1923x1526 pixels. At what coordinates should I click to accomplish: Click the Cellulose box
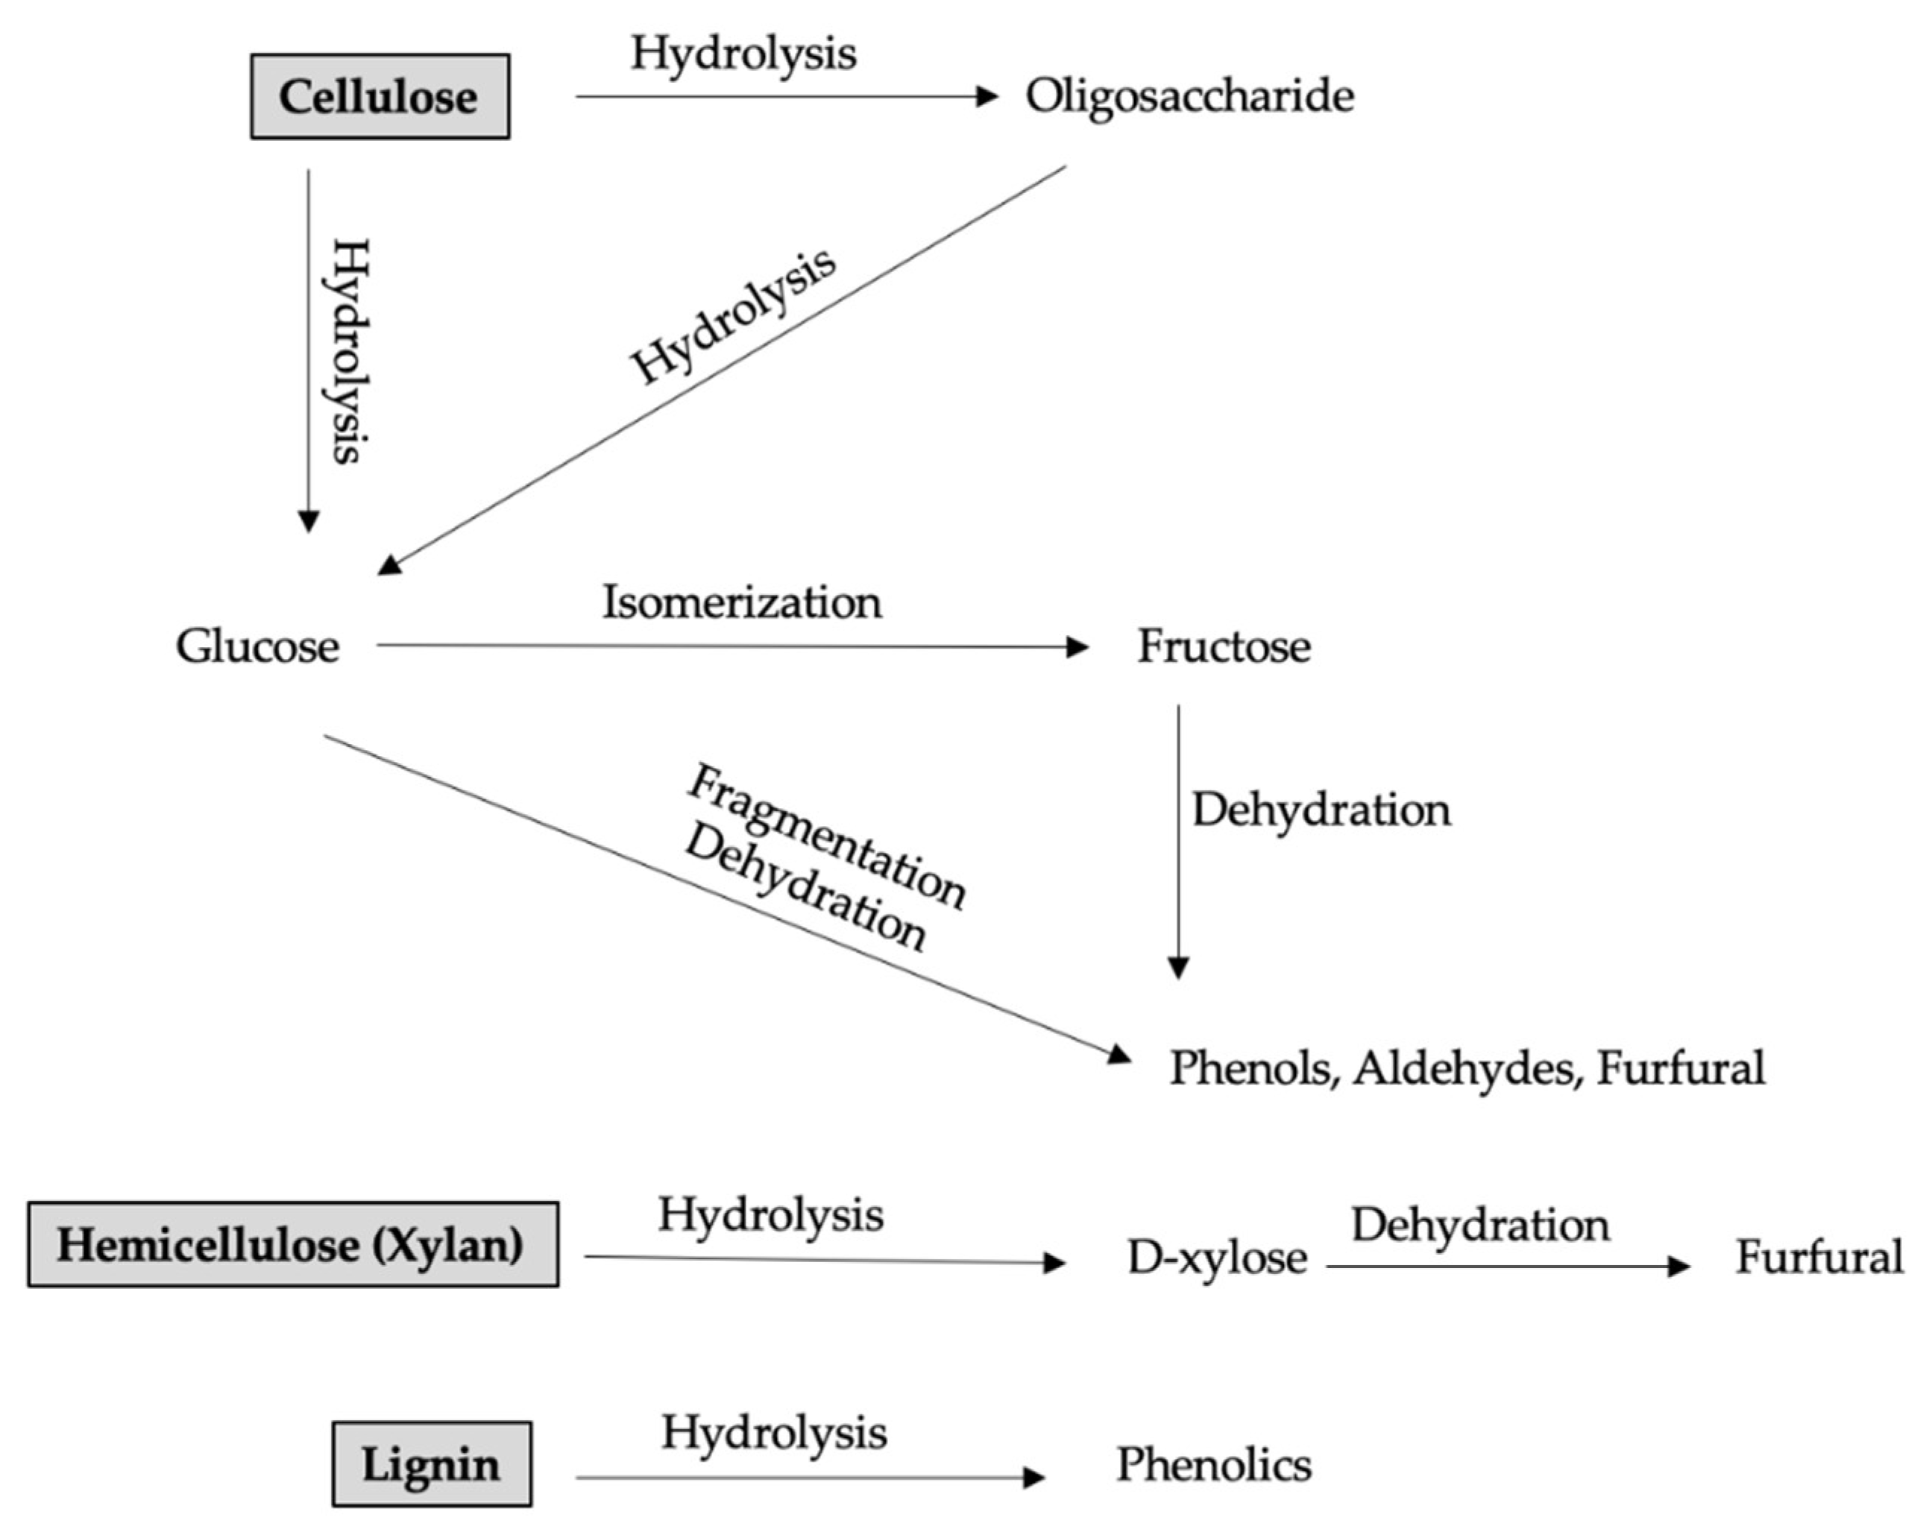(380, 96)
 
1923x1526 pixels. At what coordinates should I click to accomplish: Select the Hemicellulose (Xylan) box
(292, 1244)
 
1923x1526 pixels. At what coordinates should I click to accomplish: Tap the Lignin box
(432, 1464)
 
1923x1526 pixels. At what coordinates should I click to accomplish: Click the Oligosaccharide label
(1189, 95)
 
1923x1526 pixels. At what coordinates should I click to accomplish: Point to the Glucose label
(257, 646)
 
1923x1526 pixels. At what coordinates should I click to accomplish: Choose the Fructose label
(1224, 646)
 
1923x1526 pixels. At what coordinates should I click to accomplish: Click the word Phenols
(1253, 1068)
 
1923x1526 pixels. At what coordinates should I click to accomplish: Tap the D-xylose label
(1217, 1258)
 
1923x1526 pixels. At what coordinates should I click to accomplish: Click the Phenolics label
(1214, 1464)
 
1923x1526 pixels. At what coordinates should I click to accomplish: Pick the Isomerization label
(742, 602)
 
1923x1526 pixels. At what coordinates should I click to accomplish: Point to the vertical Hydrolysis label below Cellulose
(350, 350)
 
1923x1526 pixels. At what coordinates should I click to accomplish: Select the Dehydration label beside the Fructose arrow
(1321, 810)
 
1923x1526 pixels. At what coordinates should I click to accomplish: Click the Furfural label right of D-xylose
(1819, 1258)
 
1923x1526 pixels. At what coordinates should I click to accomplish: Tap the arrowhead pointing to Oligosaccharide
(987, 96)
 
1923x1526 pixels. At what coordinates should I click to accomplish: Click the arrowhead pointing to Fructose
(1078, 646)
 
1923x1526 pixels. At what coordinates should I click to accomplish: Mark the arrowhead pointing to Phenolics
(1033, 1478)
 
